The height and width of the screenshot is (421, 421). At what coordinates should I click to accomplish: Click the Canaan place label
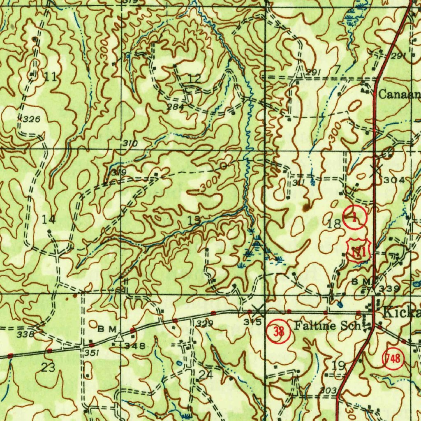(399, 95)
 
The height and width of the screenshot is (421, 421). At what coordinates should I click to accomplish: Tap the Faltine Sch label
(327, 326)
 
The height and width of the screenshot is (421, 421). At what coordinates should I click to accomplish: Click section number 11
(51, 76)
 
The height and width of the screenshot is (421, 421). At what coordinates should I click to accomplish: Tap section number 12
(195, 78)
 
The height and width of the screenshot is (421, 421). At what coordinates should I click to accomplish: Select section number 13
(194, 220)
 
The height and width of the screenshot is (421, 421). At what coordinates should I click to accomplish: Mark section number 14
(49, 220)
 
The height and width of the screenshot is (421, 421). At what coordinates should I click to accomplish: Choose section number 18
(334, 224)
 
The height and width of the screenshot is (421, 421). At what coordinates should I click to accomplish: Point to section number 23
(48, 367)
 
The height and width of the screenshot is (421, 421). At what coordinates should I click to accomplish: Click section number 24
(206, 374)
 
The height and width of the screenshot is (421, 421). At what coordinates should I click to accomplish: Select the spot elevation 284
(175, 107)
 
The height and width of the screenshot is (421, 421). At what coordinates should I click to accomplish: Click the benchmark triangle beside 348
(119, 338)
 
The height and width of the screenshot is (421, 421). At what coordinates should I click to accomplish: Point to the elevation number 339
(389, 289)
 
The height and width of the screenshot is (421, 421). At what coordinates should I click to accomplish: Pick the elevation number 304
(393, 180)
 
